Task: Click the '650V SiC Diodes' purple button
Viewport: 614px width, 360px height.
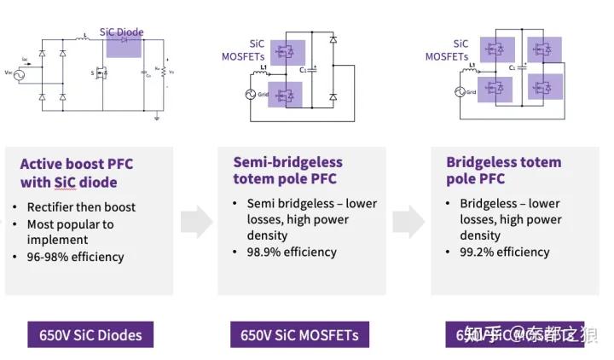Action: tap(90, 334)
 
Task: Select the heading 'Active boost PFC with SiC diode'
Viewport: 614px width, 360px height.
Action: tap(77, 172)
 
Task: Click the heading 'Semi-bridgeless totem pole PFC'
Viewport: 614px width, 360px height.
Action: tap(287, 170)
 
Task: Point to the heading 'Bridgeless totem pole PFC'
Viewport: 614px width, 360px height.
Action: tap(503, 170)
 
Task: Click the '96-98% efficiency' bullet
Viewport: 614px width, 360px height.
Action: tap(75, 257)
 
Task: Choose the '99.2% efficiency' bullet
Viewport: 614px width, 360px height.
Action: tap(504, 252)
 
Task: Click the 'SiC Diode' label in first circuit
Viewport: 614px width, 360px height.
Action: tap(122, 32)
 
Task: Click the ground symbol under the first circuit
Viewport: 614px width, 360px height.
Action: tap(157, 117)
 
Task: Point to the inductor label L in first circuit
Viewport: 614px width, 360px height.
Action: tap(85, 36)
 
